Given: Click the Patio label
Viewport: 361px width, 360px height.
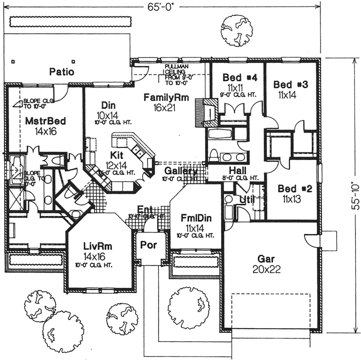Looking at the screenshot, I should tap(62, 72).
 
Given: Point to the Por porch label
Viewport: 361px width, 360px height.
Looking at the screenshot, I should tap(146, 245).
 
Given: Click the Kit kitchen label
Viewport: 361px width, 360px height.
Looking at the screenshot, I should tap(118, 156).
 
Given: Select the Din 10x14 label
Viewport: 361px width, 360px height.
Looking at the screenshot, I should tap(109, 106).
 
